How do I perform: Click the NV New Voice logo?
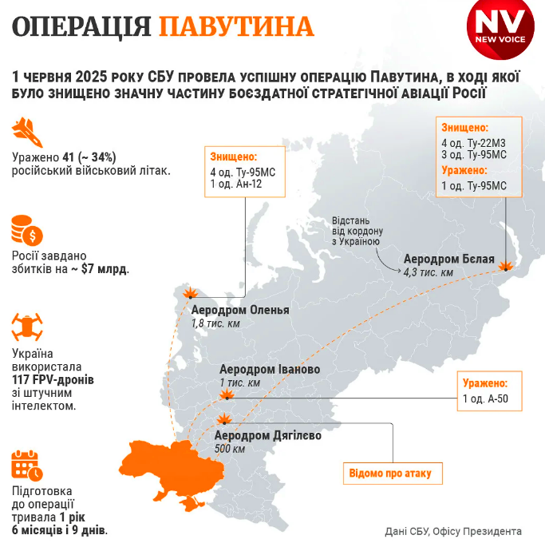tap(500, 31)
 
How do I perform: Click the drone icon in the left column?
tap(28, 327)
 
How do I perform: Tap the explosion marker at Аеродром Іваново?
tap(227, 394)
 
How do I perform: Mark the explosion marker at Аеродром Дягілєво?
tap(223, 420)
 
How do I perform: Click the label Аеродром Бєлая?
tap(448, 260)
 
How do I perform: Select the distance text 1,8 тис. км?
tap(215, 323)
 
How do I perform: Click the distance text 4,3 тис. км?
tap(428, 273)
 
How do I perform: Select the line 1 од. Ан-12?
tap(236, 184)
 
